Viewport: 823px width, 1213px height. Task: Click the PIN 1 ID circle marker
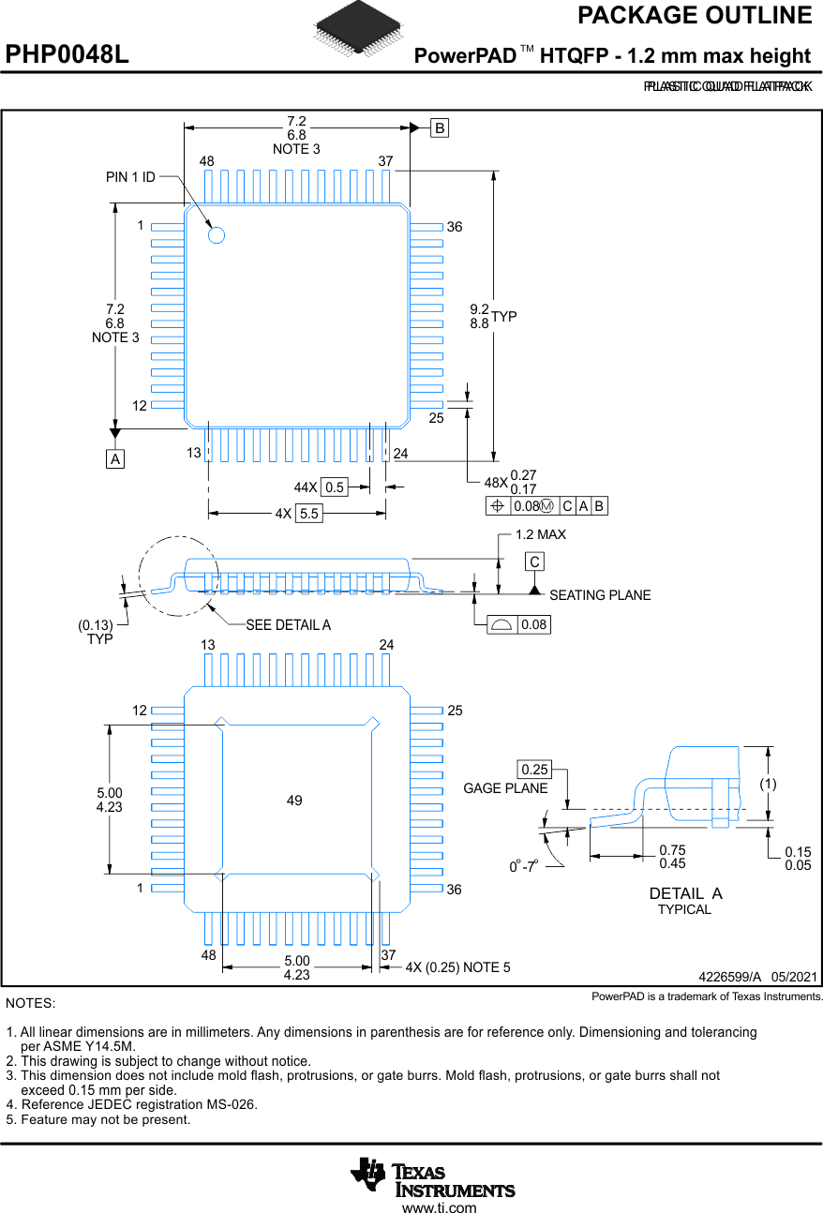click(217, 235)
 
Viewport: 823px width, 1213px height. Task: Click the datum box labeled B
click(440, 128)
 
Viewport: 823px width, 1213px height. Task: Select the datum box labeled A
click(114, 459)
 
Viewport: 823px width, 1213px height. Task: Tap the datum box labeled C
click(534, 562)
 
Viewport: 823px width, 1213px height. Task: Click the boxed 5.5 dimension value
click(308, 514)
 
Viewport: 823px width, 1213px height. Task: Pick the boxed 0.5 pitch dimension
click(334, 487)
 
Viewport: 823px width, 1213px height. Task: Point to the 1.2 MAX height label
click(541, 534)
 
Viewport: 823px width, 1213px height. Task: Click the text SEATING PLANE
click(599, 595)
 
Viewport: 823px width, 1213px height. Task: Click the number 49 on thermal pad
click(294, 800)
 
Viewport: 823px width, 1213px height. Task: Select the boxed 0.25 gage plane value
click(534, 770)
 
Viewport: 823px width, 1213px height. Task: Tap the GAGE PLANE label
click(505, 788)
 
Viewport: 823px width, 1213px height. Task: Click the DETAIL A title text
click(685, 893)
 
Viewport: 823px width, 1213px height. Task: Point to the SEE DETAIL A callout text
click(288, 624)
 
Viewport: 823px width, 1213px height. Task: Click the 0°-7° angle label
click(522, 866)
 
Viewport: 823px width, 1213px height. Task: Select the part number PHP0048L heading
click(67, 55)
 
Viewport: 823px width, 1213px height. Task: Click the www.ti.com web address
click(439, 1207)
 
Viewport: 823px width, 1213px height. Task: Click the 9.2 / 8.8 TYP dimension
click(492, 316)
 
